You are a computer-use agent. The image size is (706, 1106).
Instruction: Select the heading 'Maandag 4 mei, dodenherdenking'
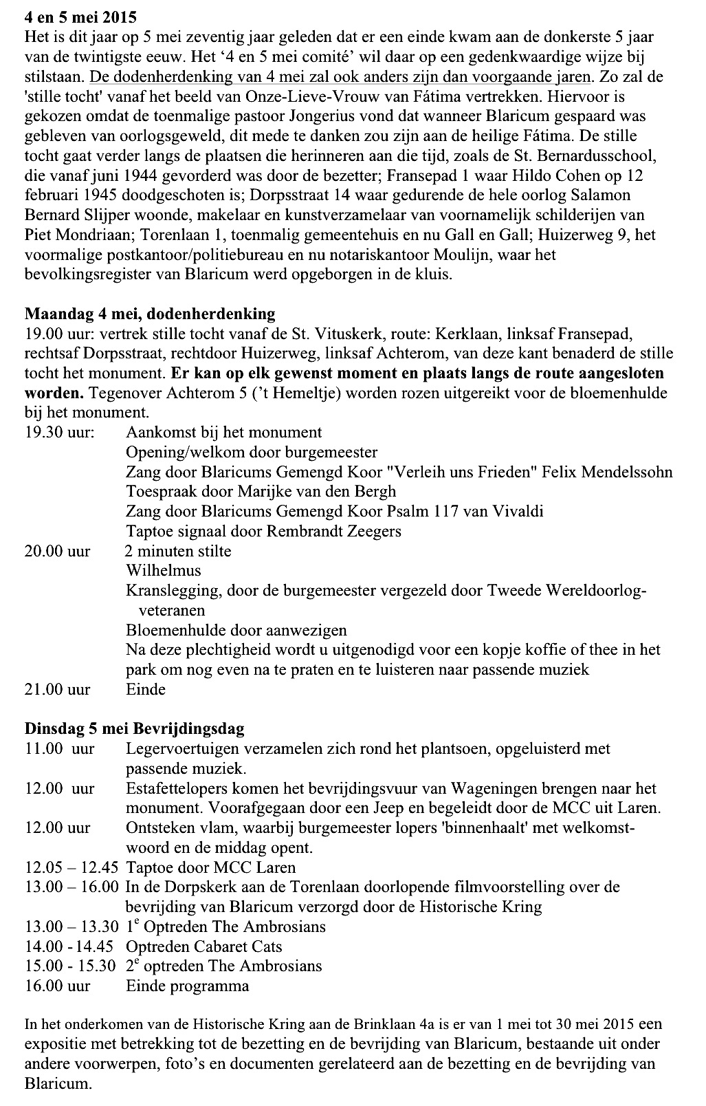(x=149, y=314)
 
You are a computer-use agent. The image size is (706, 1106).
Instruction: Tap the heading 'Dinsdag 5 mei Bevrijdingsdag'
(x=134, y=728)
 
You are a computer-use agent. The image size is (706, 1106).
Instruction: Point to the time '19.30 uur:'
(x=60, y=433)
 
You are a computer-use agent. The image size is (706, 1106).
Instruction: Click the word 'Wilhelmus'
(x=164, y=571)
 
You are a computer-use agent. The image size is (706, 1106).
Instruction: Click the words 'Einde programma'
(x=187, y=986)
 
